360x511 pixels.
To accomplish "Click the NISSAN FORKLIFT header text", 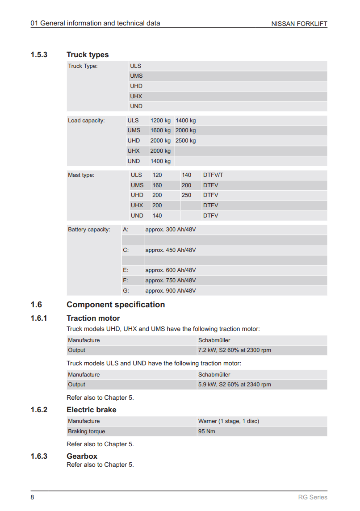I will (299, 24).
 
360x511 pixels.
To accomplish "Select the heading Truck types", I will (88, 54).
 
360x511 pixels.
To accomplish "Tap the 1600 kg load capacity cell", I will (160, 130).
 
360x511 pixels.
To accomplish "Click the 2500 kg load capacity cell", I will (185, 141).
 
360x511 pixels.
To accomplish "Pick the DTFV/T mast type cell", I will (213, 175).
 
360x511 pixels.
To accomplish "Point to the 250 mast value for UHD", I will (186, 195).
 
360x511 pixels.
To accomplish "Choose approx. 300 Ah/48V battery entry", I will (171, 230).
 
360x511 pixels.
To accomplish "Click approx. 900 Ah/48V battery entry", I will (171, 291).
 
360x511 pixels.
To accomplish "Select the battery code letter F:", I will (126, 281).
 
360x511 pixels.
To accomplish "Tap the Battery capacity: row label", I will (89, 230).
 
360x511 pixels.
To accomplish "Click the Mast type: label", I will (81, 175).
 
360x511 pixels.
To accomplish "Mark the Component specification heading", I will (116, 305).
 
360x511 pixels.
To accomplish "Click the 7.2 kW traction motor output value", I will (234, 350).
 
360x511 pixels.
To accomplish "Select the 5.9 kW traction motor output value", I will (234, 385).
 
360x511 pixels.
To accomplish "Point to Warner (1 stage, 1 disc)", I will (229, 421).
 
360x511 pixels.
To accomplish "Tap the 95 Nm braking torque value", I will (207, 431).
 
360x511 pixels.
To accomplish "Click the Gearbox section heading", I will (82, 456).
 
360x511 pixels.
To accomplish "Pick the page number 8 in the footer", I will (32, 497).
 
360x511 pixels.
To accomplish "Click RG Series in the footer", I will (313, 497).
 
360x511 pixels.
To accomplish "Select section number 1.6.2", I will (39, 410).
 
